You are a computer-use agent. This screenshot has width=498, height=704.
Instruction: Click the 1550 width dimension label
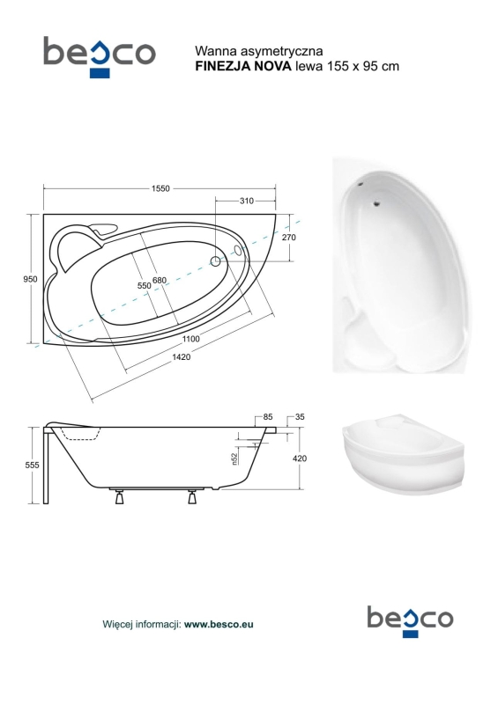click(x=160, y=188)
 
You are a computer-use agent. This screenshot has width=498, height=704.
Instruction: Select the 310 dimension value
click(x=247, y=202)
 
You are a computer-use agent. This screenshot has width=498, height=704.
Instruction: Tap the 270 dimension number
click(x=289, y=237)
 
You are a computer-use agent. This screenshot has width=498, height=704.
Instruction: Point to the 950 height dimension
click(x=30, y=279)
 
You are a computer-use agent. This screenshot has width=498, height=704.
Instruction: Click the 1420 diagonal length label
click(x=180, y=357)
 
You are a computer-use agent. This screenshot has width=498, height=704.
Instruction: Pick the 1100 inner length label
click(x=191, y=339)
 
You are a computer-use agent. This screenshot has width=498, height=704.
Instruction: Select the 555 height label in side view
click(x=32, y=466)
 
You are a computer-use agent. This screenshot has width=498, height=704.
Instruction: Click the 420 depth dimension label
click(x=300, y=458)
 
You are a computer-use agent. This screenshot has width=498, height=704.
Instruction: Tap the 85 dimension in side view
click(x=268, y=417)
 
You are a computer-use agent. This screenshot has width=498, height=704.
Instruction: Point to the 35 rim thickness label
click(x=300, y=417)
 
